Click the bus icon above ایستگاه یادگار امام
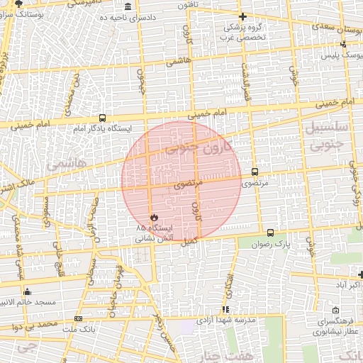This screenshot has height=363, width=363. [104, 118]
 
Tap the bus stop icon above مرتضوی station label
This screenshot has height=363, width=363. [255, 172]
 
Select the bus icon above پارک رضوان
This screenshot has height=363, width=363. [270, 233]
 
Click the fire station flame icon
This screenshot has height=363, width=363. [152, 218]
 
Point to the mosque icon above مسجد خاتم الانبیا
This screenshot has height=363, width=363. [28, 291]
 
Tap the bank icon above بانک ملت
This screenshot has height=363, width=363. [78, 319]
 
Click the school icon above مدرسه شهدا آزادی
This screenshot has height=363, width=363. [225, 310]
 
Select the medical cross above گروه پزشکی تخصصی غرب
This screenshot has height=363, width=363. [242, 16]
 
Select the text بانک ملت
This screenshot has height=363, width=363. [78, 330]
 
